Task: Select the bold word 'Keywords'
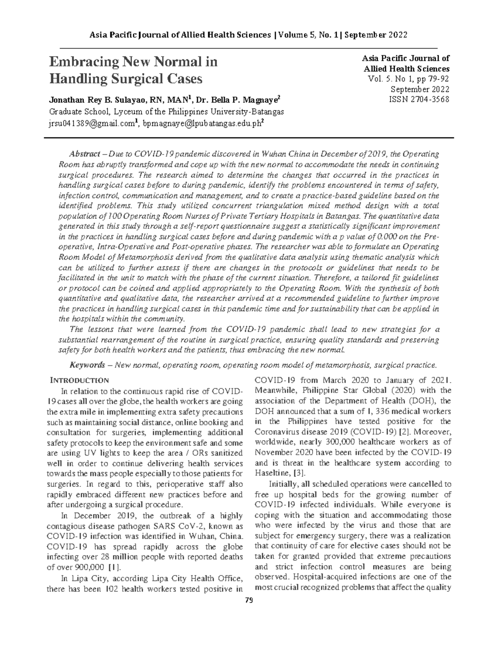point(87,365)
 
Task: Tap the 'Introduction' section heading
point(79,380)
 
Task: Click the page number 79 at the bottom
point(249,600)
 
